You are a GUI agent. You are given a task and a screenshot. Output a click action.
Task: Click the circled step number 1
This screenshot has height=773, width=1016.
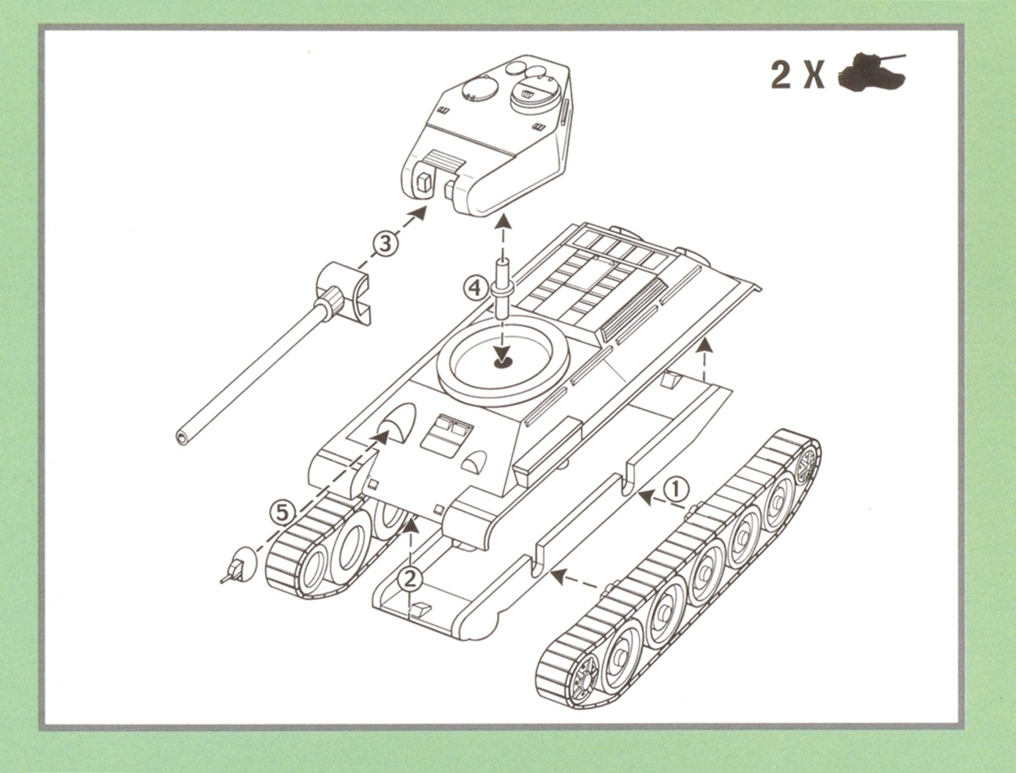(x=676, y=490)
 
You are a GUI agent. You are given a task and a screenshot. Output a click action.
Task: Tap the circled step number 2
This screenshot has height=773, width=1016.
(x=410, y=579)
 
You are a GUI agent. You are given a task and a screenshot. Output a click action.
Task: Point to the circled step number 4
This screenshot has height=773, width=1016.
(x=475, y=289)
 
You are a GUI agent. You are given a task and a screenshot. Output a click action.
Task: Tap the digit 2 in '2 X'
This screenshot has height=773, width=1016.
(x=781, y=74)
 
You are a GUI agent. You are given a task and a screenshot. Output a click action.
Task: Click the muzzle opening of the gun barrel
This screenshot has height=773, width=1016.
(x=182, y=437)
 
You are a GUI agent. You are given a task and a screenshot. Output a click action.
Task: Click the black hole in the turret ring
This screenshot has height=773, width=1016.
(x=501, y=362)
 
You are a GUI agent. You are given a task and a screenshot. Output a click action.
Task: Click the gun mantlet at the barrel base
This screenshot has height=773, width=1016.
(x=343, y=294)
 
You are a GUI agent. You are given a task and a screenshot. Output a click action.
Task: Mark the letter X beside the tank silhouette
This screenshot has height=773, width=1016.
(x=814, y=74)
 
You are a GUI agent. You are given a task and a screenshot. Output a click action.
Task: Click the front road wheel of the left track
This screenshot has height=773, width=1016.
(x=314, y=567)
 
